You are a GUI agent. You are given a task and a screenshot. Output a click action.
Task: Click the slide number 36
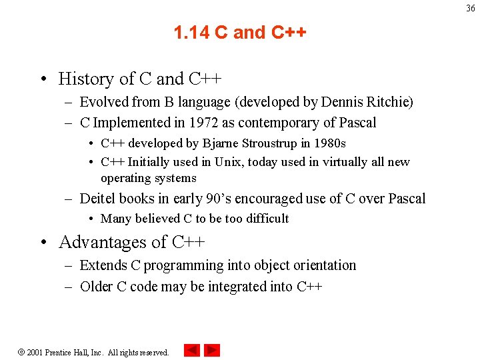[x=471, y=8]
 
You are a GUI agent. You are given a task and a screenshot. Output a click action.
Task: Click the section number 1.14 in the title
[x=192, y=33]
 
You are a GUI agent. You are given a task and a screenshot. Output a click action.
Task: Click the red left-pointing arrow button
[x=191, y=350]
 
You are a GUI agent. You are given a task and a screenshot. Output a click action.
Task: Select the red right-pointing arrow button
[x=212, y=350]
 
